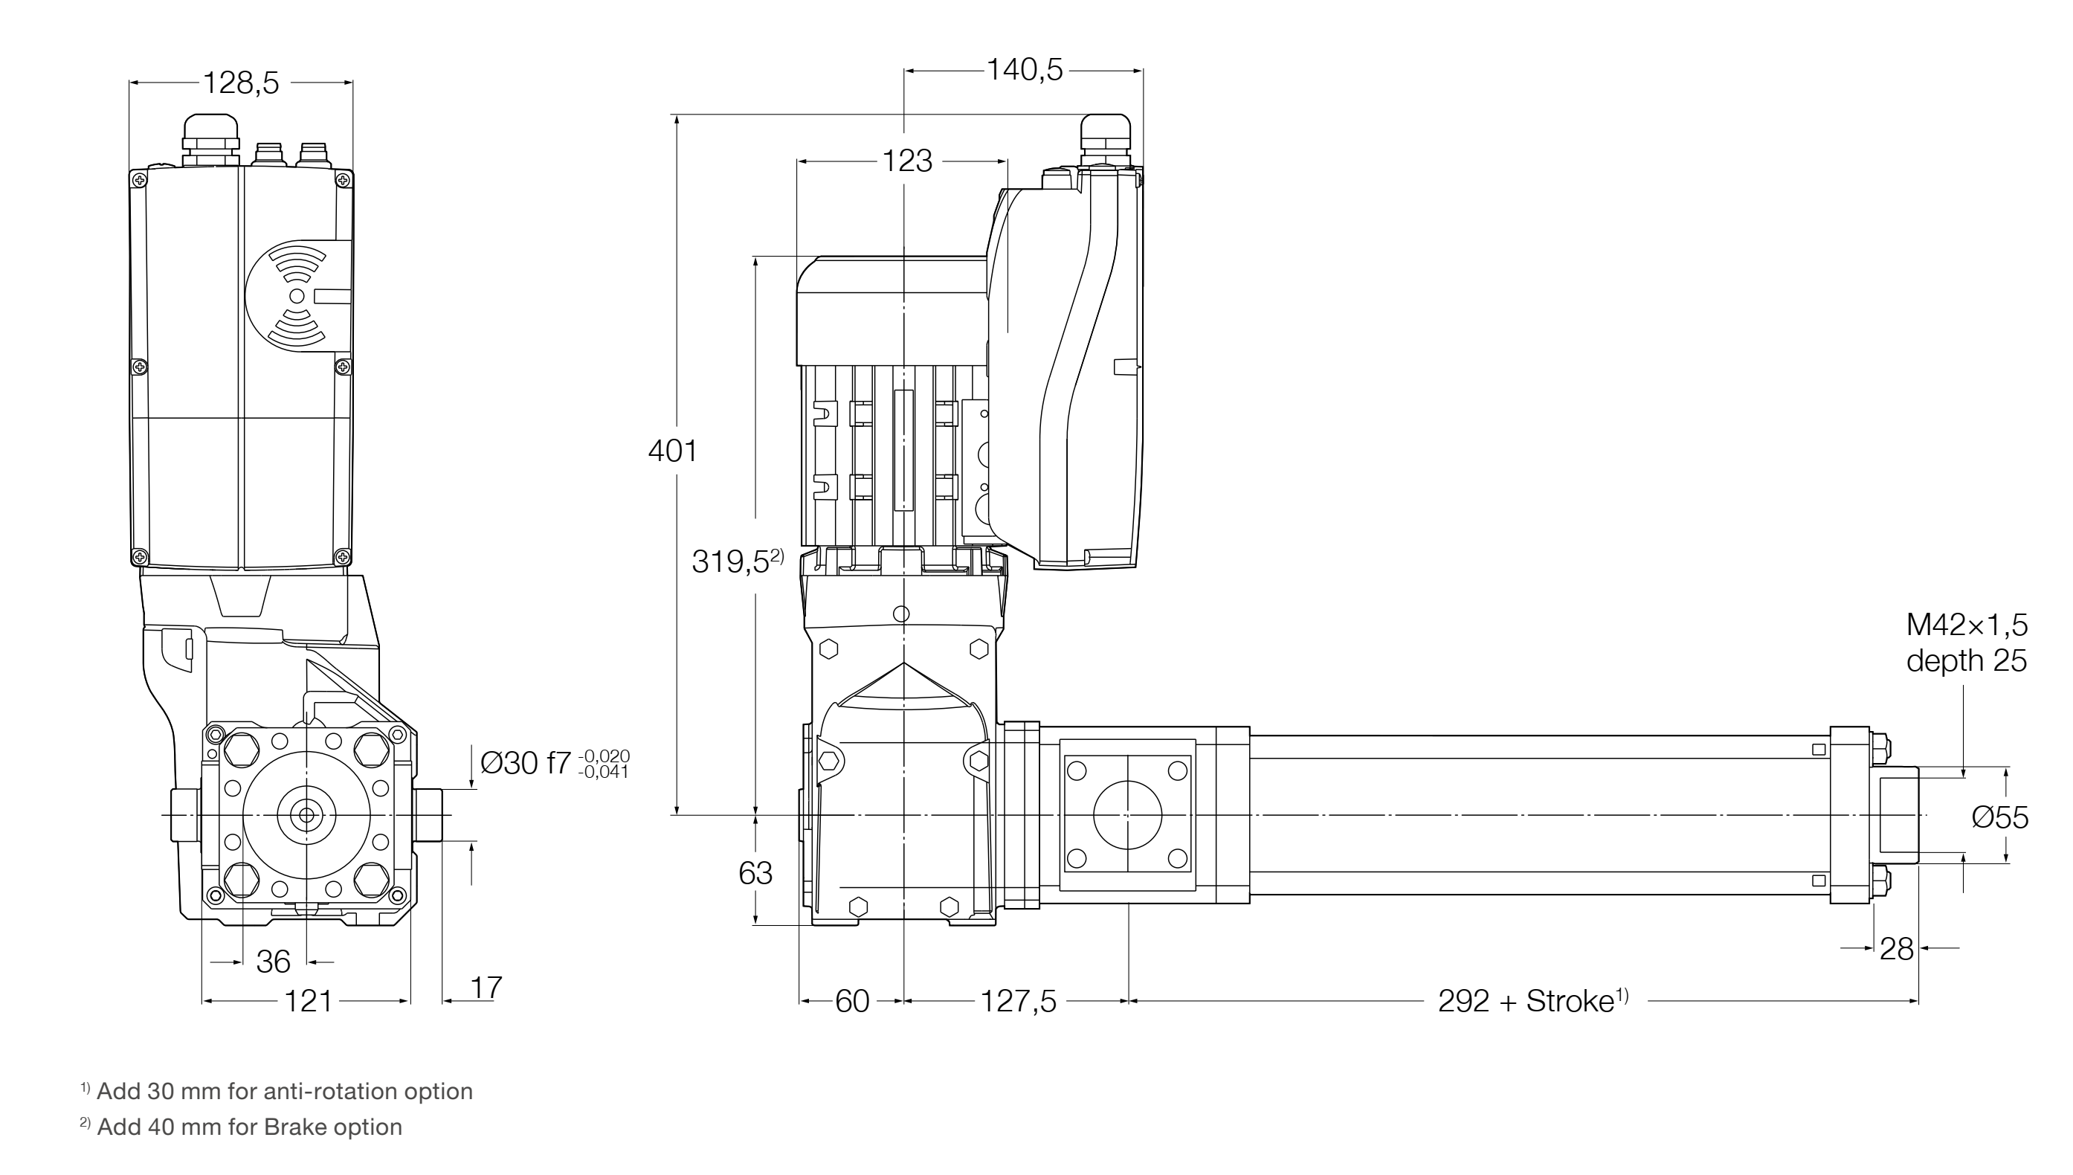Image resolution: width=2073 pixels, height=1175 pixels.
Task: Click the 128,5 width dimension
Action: [x=240, y=83]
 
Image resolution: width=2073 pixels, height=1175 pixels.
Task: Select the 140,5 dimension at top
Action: [x=1025, y=71]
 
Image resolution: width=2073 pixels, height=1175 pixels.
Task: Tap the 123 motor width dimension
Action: [x=906, y=161]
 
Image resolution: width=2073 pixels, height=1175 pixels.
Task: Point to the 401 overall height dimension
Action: [x=673, y=451]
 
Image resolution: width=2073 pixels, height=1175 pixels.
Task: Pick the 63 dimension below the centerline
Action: [x=755, y=873]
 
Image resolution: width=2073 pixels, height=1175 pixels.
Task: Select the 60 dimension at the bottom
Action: [x=852, y=1002]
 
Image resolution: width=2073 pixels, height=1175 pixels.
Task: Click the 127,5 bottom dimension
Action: [x=1018, y=1002]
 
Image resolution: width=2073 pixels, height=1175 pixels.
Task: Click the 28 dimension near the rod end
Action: [x=1896, y=949]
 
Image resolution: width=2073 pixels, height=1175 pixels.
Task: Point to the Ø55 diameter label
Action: [x=1999, y=817]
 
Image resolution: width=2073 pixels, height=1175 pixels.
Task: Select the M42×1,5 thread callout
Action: [x=1967, y=625]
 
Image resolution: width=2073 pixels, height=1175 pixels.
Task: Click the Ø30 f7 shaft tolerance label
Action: [x=553, y=762]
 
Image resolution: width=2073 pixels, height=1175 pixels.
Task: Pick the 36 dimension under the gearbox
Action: [x=273, y=962]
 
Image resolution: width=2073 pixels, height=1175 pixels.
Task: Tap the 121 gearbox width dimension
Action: [x=308, y=1002]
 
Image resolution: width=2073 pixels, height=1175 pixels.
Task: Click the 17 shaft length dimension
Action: [x=486, y=987]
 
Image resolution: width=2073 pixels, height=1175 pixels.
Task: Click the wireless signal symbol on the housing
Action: [x=297, y=295]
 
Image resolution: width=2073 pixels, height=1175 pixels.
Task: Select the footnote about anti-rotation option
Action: [x=277, y=1091]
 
